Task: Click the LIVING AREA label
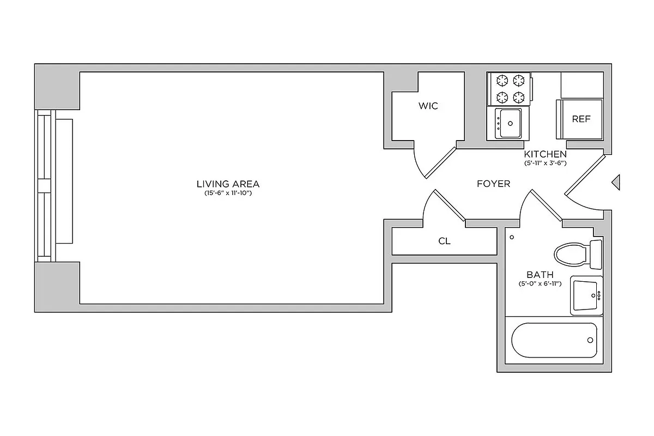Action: [x=228, y=184]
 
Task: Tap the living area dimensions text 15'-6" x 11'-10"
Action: [x=228, y=193]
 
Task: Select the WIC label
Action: [x=428, y=106]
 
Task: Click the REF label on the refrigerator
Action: [x=581, y=119]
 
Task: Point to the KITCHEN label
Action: [x=545, y=154]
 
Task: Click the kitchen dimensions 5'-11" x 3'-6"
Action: [x=545, y=163]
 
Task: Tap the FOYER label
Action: [x=493, y=184]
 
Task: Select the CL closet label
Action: [x=444, y=241]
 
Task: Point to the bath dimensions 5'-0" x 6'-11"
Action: [x=540, y=283]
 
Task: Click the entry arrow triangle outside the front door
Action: [x=616, y=182]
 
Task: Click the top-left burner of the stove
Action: [x=500, y=81]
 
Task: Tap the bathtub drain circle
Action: [x=590, y=340]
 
